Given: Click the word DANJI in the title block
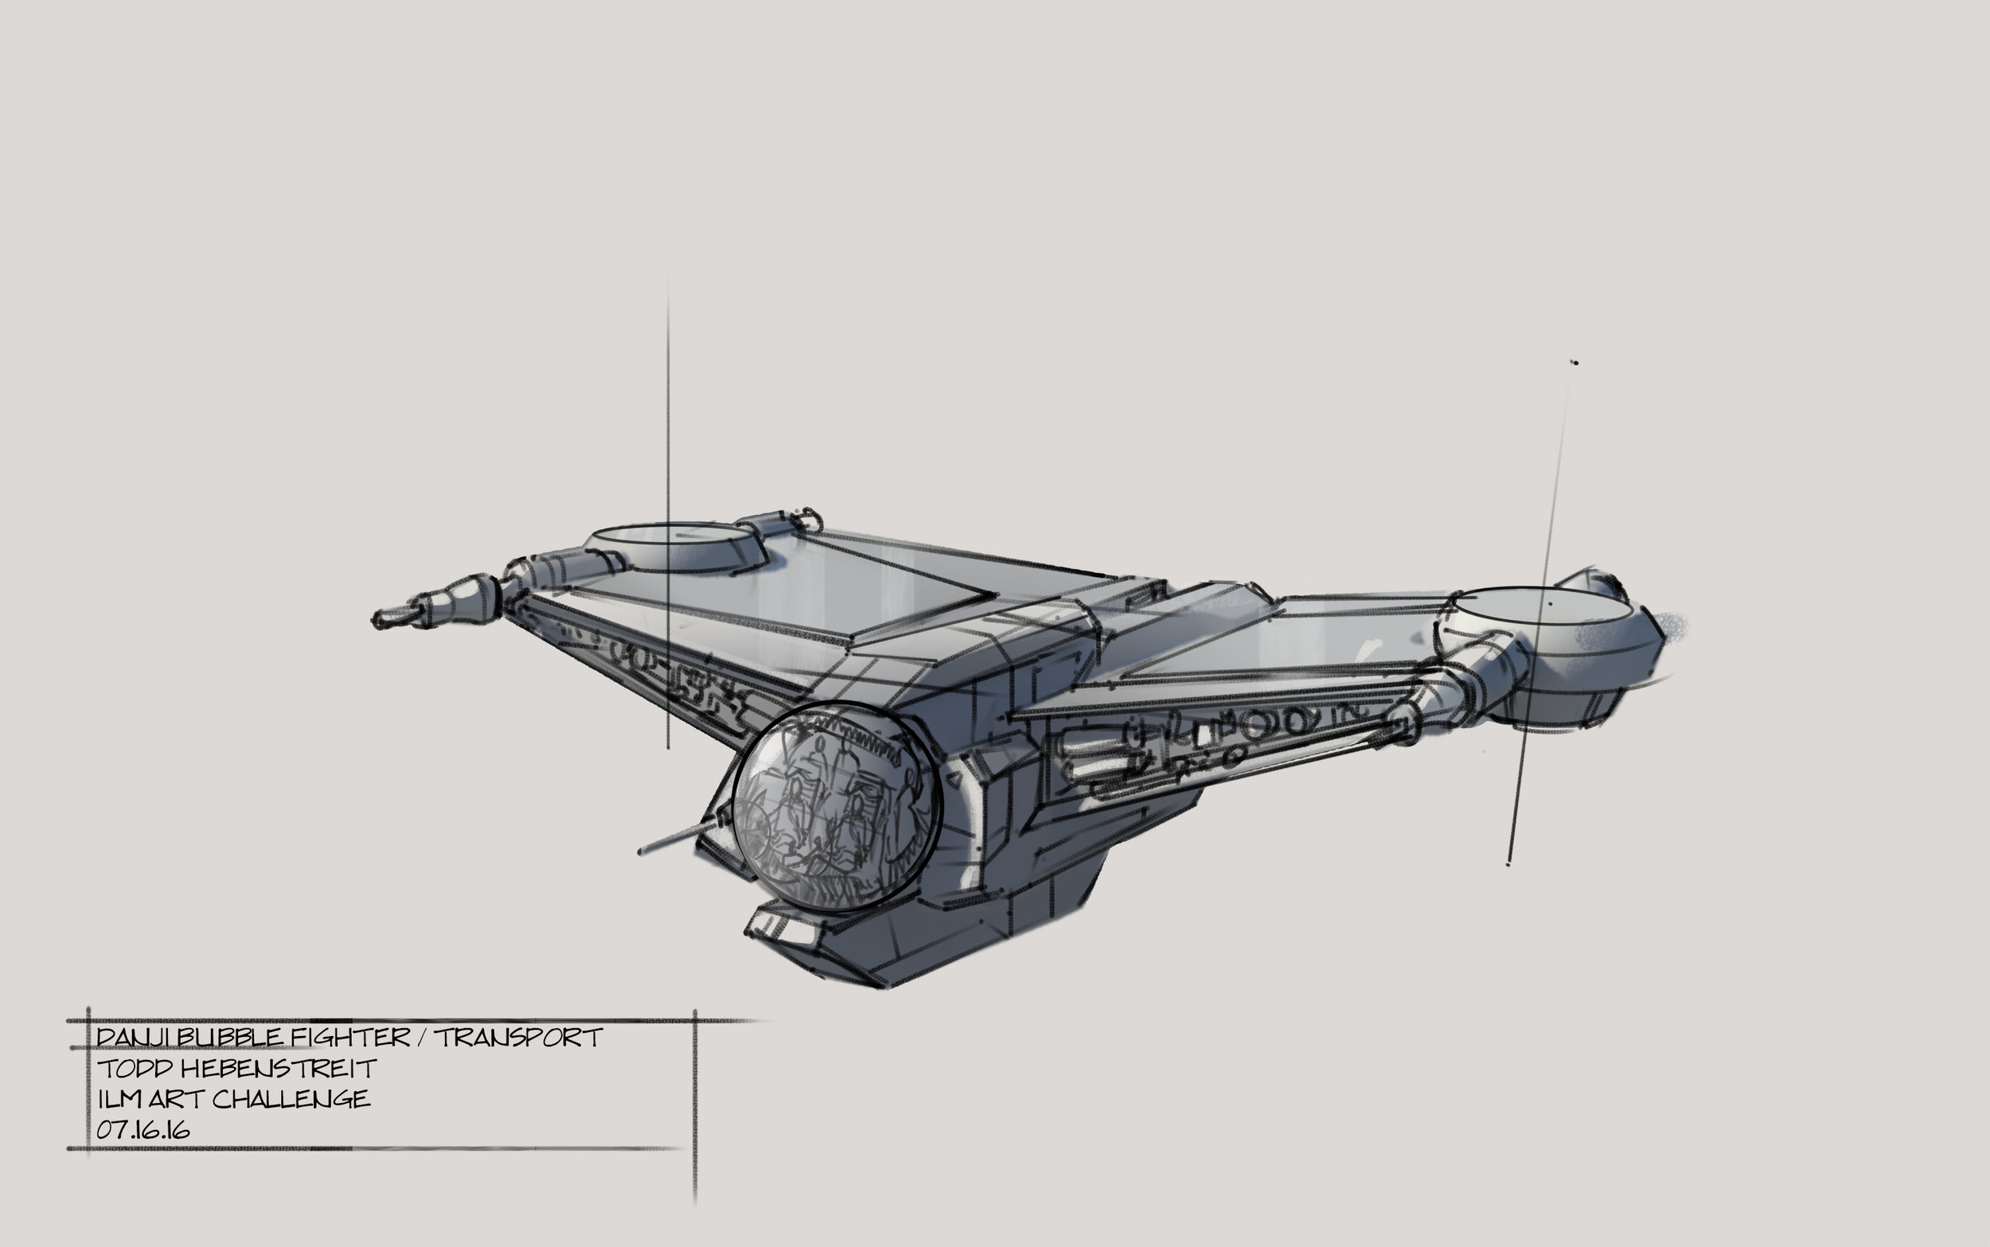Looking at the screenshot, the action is click(134, 1038).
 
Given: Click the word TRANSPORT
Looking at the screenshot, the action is click(519, 1038).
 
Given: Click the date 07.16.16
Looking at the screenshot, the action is click(143, 1130).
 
